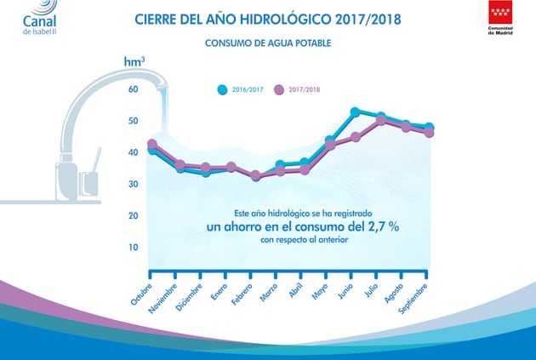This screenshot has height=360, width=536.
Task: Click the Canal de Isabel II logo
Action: click(40, 17)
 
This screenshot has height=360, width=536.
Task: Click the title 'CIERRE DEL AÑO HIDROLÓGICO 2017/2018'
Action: click(268, 19)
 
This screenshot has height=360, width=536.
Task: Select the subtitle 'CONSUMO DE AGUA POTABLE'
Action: click(268, 43)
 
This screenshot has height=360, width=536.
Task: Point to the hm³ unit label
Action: click(134, 61)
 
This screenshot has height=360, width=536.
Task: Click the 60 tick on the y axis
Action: click(134, 89)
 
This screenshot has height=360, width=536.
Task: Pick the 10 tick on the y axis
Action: click(134, 247)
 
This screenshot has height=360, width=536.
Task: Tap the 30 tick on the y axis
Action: click(134, 184)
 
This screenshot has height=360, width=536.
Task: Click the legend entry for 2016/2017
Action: click(240, 89)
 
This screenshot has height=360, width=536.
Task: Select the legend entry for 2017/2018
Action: click(297, 89)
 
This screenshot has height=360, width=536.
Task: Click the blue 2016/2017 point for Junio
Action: click(355, 111)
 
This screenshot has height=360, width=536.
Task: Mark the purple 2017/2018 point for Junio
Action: click(356, 137)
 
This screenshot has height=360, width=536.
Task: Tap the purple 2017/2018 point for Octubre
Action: click(152, 145)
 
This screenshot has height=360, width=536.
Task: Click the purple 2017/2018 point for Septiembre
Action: click(429, 133)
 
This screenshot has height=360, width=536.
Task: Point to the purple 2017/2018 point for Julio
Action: click(381, 120)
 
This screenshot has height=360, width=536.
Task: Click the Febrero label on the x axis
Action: click(242, 294)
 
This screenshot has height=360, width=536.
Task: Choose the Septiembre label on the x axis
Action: click(413, 299)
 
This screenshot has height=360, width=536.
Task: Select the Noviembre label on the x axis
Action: click(163, 299)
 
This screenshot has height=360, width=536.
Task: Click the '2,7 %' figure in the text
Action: click(384, 226)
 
